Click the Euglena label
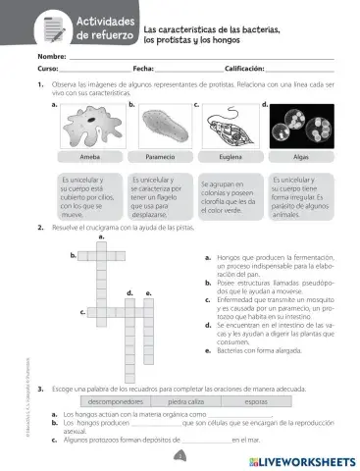(231, 157)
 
